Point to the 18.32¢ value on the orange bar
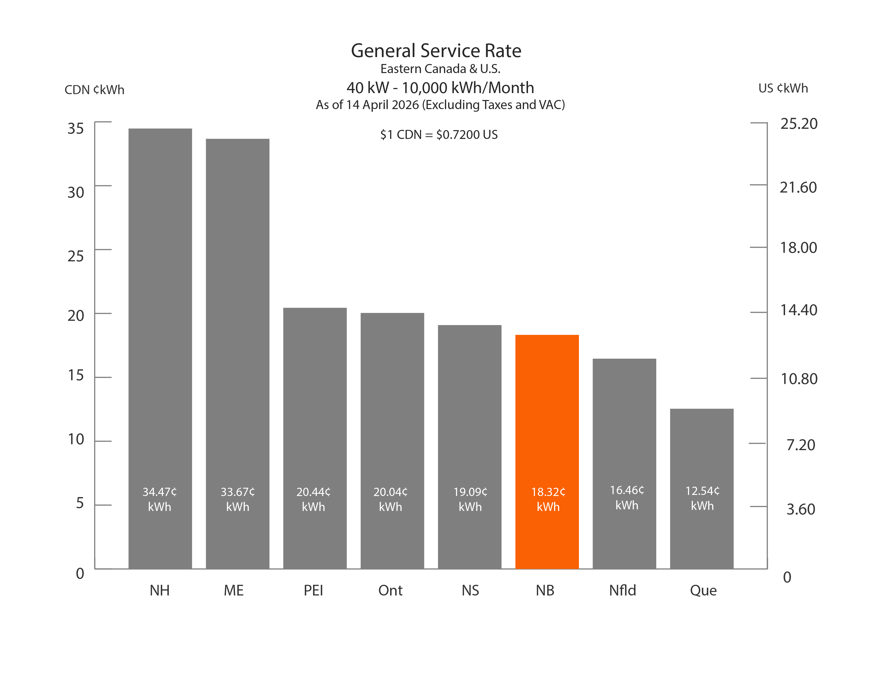[x=548, y=492]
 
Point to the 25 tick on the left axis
[x=76, y=256]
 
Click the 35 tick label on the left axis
[x=76, y=129]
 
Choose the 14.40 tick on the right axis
[x=799, y=310]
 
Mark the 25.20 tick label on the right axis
[x=799, y=124]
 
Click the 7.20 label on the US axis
[x=801, y=445]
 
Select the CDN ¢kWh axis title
[x=94, y=89]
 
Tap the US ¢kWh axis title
[x=783, y=88]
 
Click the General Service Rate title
[x=436, y=51]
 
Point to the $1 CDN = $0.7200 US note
[x=439, y=135]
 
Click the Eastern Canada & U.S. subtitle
[x=440, y=69]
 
